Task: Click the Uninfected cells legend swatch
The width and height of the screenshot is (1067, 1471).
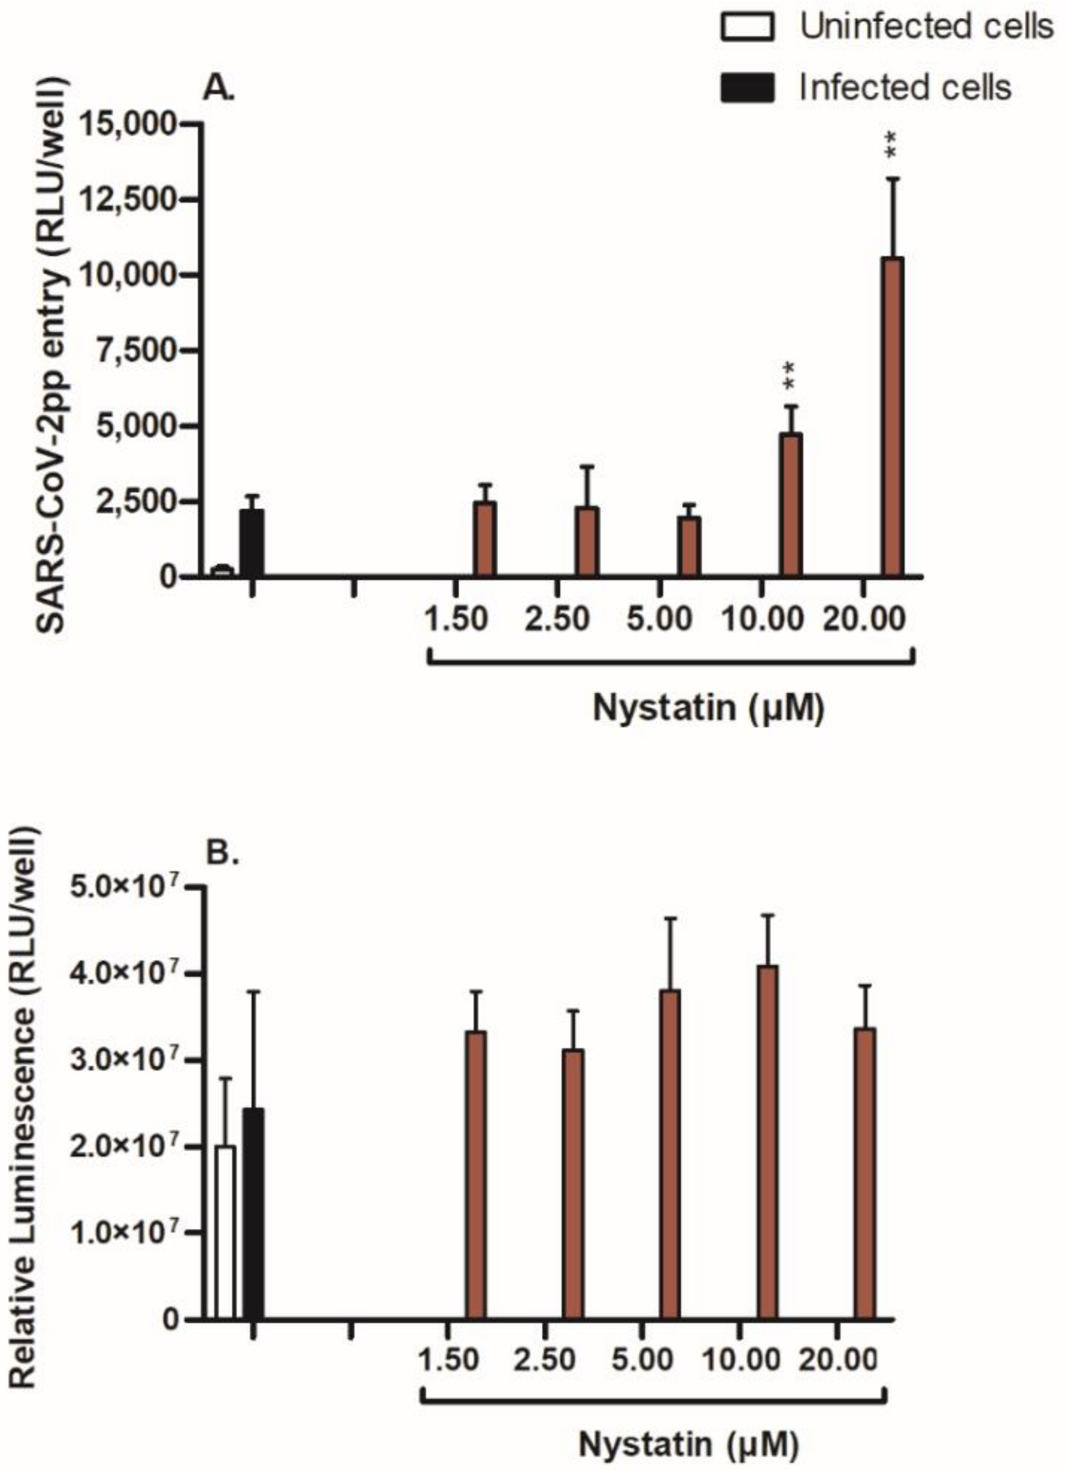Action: pyautogui.click(x=747, y=28)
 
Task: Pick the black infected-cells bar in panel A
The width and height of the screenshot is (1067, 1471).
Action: pyautogui.click(x=251, y=543)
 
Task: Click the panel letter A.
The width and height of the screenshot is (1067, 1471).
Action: pyautogui.click(x=219, y=89)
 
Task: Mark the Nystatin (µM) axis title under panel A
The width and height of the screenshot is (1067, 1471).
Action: pyautogui.click(x=708, y=708)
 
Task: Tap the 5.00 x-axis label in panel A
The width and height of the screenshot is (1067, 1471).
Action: pyautogui.click(x=659, y=618)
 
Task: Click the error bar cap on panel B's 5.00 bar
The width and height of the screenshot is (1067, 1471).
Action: pyautogui.click(x=670, y=918)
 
